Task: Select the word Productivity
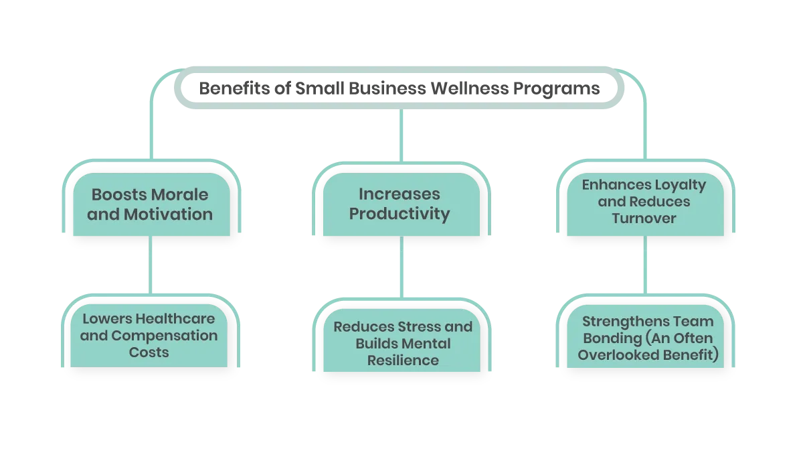399,214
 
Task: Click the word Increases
399,194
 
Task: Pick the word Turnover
644,218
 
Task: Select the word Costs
149,352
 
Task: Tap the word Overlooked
614,355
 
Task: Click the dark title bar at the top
399,88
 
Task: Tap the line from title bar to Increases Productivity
400,137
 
